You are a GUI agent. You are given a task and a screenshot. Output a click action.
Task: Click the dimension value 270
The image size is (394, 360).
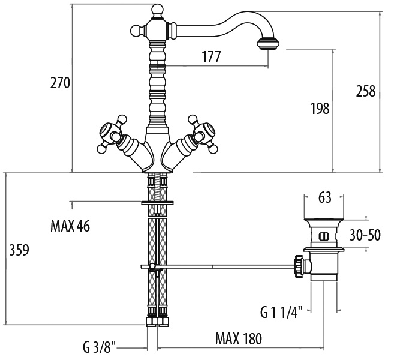click(60, 83)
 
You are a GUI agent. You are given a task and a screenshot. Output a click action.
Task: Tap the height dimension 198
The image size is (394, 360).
click(320, 109)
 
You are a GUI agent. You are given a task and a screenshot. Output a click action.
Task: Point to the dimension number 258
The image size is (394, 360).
click(365, 91)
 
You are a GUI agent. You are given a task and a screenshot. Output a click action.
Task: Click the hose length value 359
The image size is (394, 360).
click(19, 248)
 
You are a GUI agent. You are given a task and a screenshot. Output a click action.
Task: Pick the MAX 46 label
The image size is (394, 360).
click(70, 226)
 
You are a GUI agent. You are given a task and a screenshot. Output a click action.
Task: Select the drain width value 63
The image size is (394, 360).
click(324, 198)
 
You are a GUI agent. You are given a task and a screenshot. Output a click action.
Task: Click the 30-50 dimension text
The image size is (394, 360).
click(365, 235)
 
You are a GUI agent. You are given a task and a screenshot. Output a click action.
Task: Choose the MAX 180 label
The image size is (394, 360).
click(238, 339)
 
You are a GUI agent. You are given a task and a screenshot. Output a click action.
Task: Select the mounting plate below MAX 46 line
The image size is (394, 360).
click(156, 203)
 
